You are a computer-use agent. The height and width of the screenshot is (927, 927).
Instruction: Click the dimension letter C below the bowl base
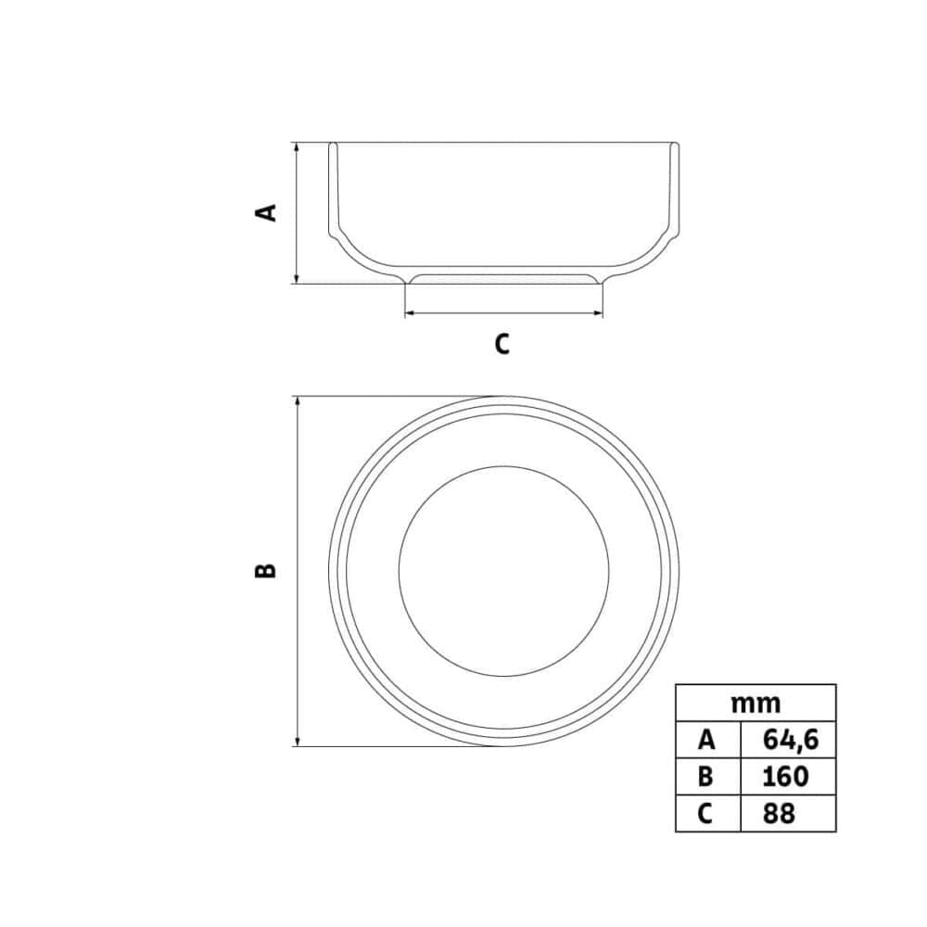coord(502,344)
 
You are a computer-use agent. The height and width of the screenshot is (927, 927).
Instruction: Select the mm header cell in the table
coord(756,704)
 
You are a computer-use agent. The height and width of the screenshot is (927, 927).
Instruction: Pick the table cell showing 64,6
coord(789,740)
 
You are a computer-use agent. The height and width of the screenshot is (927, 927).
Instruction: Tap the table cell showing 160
coord(789,776)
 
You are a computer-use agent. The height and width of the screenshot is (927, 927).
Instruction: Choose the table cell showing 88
coord(789,814)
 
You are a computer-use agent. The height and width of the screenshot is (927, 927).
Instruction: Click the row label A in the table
coord(707,740)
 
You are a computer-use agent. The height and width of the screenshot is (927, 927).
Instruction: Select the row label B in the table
coord(707,776)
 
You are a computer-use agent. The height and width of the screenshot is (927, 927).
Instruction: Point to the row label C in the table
coord(707,814)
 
